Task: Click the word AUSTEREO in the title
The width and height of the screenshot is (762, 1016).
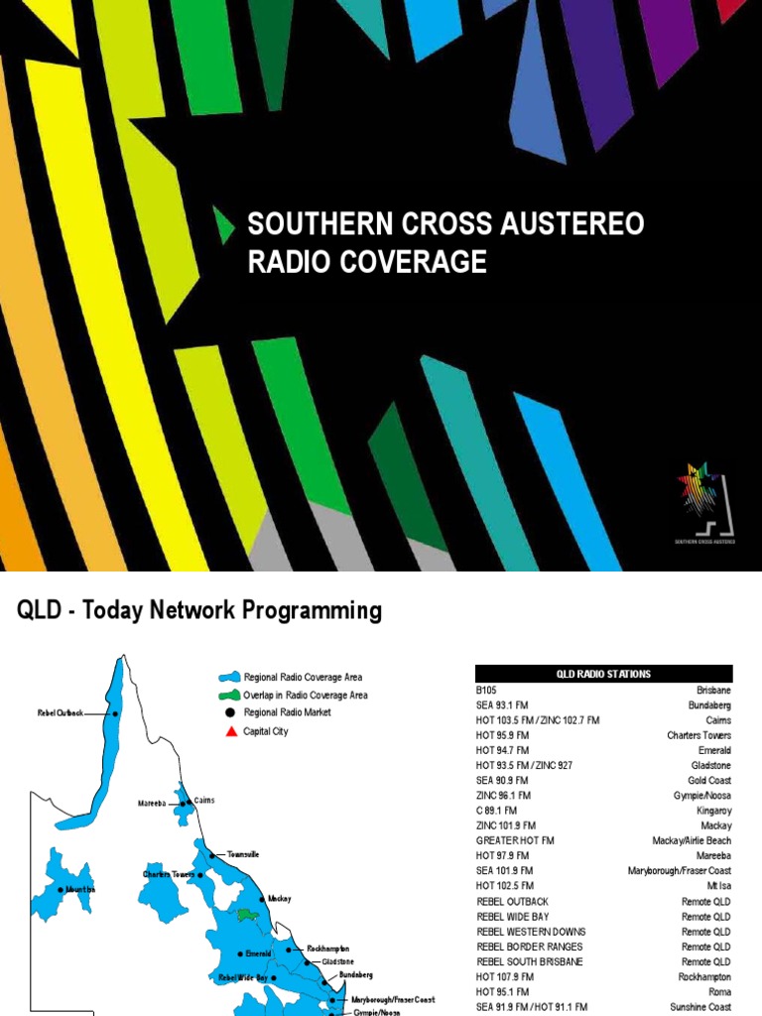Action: pyautogui.click(x=565, y=224)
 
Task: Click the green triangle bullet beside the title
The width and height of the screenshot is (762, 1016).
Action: pyautogui.click(x=226, y=225)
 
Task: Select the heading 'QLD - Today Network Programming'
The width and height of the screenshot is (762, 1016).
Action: pyautogui.click(x=199, y=610)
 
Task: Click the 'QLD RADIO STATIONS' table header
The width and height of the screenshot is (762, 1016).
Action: pyautogui.click(x=603, y=674)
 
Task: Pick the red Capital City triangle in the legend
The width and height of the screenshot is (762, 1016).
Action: pyautogui.click(x=231, y=731)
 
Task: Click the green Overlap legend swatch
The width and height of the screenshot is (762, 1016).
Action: pyautogui.click(x=230, y=696)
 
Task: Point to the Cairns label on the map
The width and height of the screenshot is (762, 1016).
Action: pyautogui.click(x=204, y=800)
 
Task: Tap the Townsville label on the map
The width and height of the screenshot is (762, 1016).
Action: pyautogui.click(x=242, y=853)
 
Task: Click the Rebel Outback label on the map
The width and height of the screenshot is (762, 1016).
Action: pyautogui.click(x=62, y=712)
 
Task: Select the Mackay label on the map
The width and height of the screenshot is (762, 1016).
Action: pyautogui.click(x=279, y=899)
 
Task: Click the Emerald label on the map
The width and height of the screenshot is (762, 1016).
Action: pyautogui.click(x=258, y=953)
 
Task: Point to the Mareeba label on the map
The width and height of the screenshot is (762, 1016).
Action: pyautogui.click(x=154, y=803)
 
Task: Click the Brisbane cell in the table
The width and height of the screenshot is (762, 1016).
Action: pyautogui.click(x=713, y=689)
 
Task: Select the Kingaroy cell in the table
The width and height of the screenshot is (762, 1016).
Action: pyautogui.click(x=712, y=810)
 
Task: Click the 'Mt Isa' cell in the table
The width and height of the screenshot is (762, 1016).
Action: pyautogui.click(x=718, y=885)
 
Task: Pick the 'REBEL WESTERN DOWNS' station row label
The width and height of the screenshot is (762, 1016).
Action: pyautogui.click(x=531, y=932)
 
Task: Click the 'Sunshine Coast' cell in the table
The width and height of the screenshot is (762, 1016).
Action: pyautogui.click(x=700, y=1007)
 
